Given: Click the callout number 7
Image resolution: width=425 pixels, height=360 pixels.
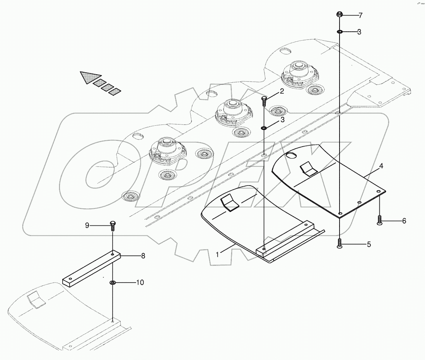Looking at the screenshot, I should pos(360,15).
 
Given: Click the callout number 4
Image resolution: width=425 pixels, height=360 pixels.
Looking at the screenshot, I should pos(370,166).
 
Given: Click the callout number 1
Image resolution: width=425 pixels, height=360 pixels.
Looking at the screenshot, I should pos(218,254).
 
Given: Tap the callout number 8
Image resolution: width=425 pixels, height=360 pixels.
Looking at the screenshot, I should pos(132,255).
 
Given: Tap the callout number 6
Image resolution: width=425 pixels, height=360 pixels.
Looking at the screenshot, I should pos(404,221).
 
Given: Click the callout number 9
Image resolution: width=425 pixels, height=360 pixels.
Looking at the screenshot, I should pos(87,225).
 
